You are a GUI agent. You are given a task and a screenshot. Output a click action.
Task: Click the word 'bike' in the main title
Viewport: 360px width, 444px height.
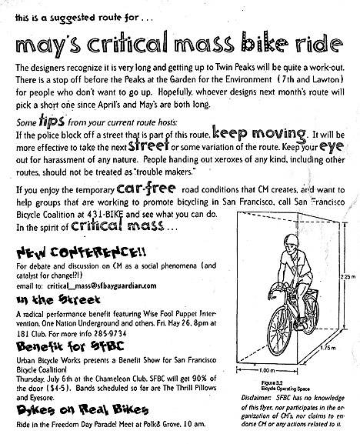pos(265,43)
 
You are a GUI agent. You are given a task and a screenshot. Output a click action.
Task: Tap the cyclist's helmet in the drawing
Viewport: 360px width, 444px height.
pos(292,240)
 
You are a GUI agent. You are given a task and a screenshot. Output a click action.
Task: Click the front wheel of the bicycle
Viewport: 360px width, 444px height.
pos(280,330)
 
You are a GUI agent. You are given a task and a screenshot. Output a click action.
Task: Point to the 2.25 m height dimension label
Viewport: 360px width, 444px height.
pos(349,277)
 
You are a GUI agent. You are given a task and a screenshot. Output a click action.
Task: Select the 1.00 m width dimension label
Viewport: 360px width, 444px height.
pos(267,370)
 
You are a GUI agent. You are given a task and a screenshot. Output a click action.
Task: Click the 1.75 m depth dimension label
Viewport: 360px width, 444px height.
pos(328,348)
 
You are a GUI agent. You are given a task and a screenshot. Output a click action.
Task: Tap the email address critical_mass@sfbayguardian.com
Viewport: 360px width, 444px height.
pos(102,285)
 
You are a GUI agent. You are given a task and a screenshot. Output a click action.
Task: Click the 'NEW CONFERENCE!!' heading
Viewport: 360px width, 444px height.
pos(82,252)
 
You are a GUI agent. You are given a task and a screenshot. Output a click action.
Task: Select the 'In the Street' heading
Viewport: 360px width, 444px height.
pos(58,299)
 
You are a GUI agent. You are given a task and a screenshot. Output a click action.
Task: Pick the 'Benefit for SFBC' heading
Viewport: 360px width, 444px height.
pos(70,346)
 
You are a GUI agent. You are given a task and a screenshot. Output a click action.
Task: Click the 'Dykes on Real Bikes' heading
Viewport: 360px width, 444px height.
pos(82,409)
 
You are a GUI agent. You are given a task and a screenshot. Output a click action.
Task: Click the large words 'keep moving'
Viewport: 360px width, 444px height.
pos(259,133)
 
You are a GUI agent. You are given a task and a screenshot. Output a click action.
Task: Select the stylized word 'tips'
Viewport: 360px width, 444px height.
pos(52,121)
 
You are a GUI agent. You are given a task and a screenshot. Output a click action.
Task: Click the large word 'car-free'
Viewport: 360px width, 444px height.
pos(146,189)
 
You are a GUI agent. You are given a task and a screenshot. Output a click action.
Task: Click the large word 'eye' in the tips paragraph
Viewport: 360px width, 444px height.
pos(332,147)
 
